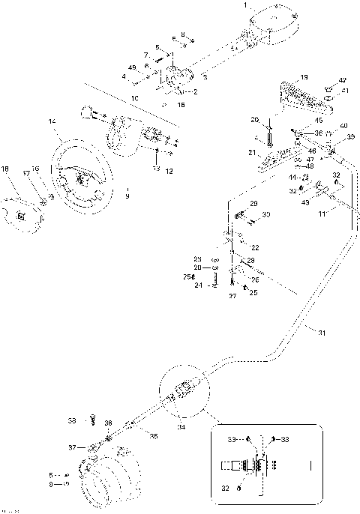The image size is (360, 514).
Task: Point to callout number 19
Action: click(x=304, y=77)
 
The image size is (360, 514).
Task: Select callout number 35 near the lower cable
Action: click(x=154, y=436)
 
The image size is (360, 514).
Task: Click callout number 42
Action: click(x=342, y=79)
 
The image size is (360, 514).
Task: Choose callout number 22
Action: click(x=255, y=247)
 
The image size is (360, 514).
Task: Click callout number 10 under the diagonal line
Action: click(x=135, y=98)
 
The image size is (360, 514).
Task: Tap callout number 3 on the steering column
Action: click(x=205, y=76)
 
